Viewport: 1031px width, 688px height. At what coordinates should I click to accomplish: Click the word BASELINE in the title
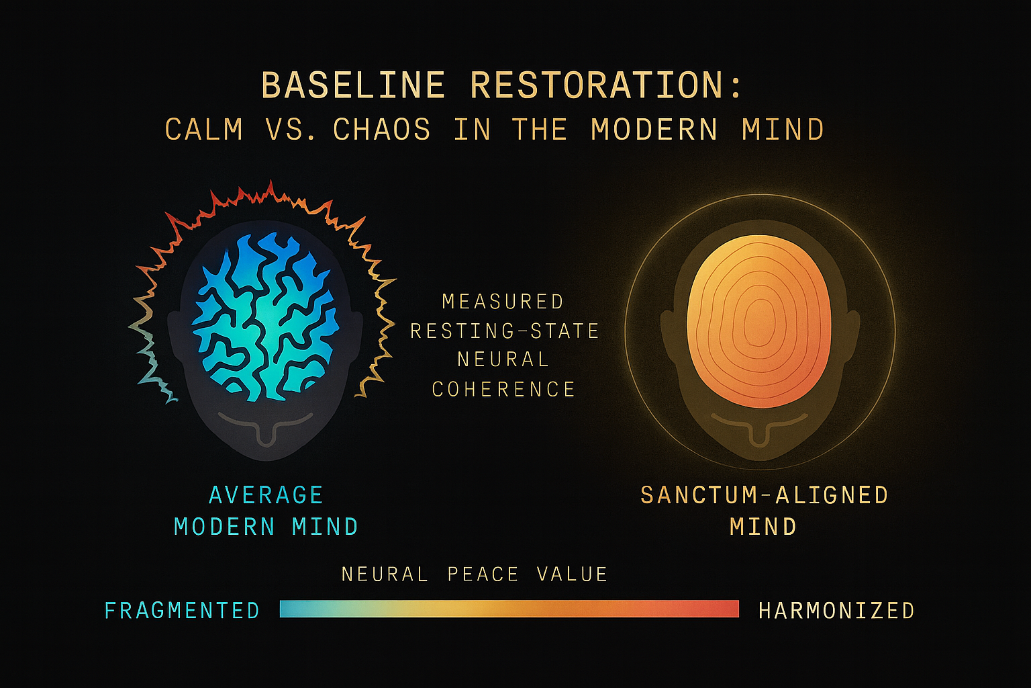coord(352,86)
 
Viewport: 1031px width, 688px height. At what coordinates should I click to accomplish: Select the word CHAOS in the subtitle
coord(381,130)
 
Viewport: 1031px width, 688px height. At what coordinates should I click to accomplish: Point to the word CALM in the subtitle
coord(204,130)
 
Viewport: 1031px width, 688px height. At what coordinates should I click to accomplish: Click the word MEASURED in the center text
coord(503,302)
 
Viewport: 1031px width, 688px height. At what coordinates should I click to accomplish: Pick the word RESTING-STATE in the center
coord(505,331)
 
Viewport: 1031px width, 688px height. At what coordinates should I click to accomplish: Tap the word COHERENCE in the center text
coord(503,389)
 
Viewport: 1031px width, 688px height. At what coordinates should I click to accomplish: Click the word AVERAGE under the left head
coord(266,495)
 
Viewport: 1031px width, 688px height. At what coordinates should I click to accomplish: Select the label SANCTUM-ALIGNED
coord(764,495)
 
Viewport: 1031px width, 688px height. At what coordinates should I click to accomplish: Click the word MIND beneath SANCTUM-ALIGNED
coord(763,526)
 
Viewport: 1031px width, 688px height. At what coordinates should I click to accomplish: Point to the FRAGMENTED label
coord(182,610)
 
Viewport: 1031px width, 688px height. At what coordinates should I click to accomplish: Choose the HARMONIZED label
coord(836,610)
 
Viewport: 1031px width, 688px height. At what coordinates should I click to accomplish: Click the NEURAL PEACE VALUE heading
coord(475,574)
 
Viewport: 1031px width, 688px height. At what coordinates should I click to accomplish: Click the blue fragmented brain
coord(265,316)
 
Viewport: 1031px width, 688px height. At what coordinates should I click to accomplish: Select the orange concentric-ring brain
coord(759,321)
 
